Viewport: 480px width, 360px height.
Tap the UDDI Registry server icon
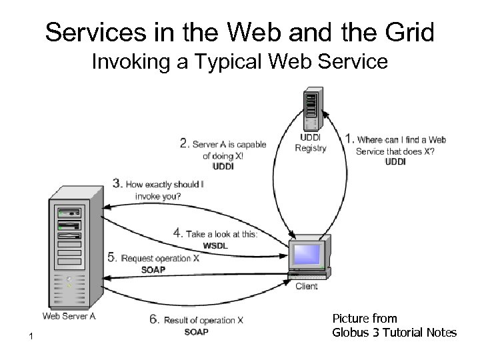[311, 109]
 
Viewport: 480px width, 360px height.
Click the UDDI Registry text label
[311, 143]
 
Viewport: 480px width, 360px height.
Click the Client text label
[306, 287]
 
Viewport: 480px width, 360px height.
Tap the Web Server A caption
[69, 316]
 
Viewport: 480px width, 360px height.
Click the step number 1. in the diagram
[349, 139]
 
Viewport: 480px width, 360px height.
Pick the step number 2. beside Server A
[184, 143]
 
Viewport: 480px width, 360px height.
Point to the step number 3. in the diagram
[117, 183]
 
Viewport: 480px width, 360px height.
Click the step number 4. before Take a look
[177, 233]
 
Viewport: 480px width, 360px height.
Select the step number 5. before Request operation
[112, 258]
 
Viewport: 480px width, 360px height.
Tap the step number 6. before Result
[154, 319]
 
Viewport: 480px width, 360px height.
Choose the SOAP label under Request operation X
[154, 270]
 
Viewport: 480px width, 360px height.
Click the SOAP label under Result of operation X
[196, 332]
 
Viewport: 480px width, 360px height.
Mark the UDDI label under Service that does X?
[395, 162]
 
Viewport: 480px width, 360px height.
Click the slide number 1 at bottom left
[31, 339]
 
